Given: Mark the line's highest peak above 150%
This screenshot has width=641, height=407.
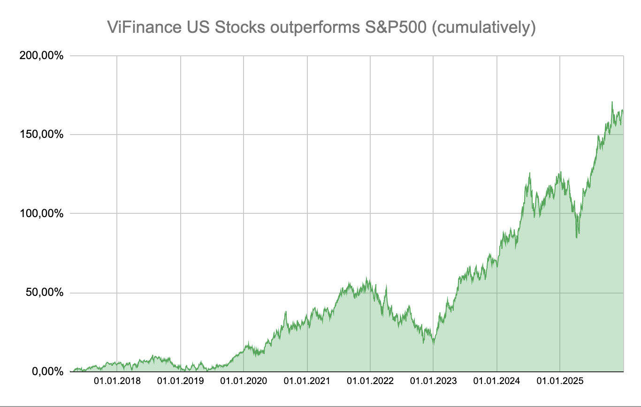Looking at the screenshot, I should [x=612, y=102].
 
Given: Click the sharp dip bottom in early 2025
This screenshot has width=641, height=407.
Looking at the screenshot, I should [x=577, y=238].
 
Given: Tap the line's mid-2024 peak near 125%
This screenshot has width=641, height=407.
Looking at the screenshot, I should [x=529, y=173].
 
